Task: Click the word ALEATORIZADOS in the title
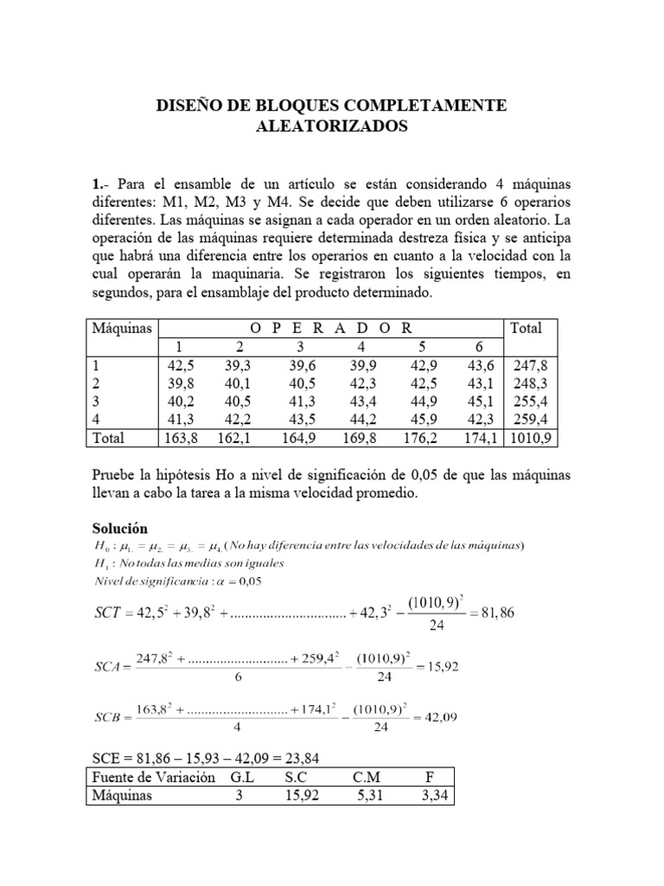(332, 126)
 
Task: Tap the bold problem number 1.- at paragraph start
(100, 186)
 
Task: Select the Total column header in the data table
(527, 328)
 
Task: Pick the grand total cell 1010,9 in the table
(533, 438)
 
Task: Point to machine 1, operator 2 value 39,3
(237, 365)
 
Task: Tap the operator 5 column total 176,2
(421, 438)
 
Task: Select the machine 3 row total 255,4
(533, 401)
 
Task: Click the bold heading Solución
(120, 528)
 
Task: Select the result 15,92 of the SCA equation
(438, 666)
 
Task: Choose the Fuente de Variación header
(151, 777)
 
